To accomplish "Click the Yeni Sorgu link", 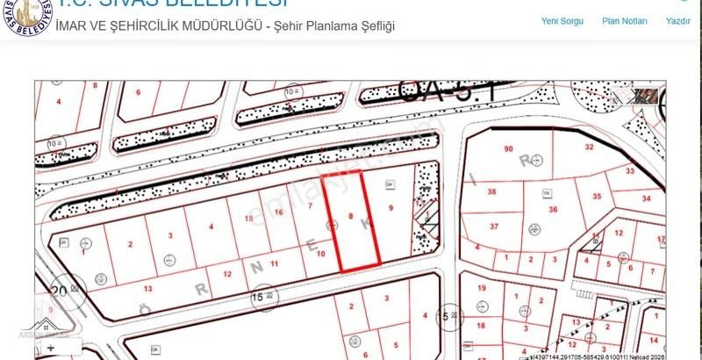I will click(x=562, y=20).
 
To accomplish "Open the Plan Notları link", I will click(x=625, y=20).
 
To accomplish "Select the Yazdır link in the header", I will click(x=678, y=20).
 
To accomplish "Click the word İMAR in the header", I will click(x=73, y=25).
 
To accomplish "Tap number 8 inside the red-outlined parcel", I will click(x=351, y=215).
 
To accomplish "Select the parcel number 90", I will click(x=508, y=149).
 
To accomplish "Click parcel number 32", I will click(x=590, y=147).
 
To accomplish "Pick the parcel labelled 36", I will click(x=553, y=209).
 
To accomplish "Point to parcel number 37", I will click(x=494, y=227).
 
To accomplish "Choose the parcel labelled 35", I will click(x=597, y=197).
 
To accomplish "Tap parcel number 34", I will click(x=646, y=199).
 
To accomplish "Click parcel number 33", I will click(x=629, y=170).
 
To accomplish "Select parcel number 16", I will click(x=278, y=212).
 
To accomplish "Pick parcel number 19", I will click(x=481, y=288).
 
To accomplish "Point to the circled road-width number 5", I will click(x=446, y=315).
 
